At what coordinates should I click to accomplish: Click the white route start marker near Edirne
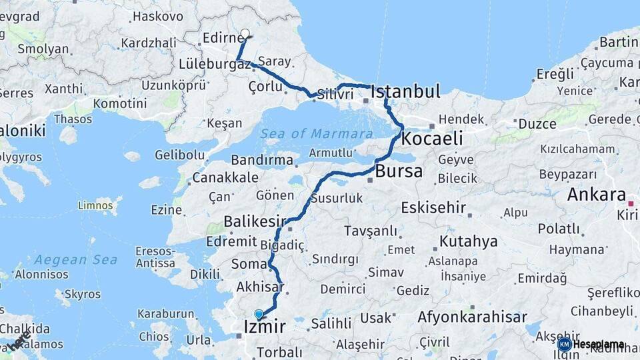[x=245, y=33]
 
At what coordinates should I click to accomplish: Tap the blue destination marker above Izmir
[x=259, y=314]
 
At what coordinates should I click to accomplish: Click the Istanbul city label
[x=405, y=91]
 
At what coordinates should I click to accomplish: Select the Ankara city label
[x=596, y=195]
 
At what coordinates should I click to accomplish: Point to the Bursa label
[x=399, y=171]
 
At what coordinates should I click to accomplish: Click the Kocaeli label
[x=432, y=139]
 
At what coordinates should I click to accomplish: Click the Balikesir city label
[x=255, y=221]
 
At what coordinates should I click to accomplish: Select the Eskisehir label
[x=433, y=207]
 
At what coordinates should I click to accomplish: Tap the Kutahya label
[x=468, y=241]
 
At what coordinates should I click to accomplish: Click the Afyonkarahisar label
[x=472, y=317]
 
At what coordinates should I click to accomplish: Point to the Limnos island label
[x=95, y=205]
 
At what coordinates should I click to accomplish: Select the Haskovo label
[x=158, y=16]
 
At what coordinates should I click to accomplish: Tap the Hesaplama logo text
[x=598, y=345]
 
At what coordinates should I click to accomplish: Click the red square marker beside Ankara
[x=631, y=198]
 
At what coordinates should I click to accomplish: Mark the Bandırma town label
[x=262, y=160]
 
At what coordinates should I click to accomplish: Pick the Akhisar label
[x=260, y=288]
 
